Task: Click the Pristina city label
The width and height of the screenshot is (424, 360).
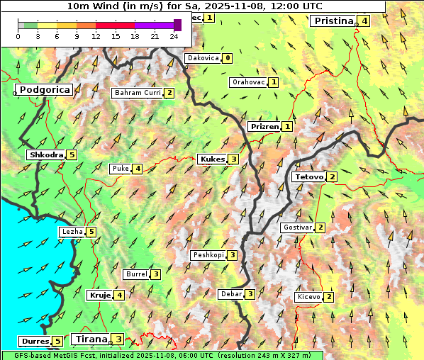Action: click(333, 21)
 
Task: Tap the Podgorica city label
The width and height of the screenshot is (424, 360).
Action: click(44, 90)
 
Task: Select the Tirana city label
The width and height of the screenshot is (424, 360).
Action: click(90, 339)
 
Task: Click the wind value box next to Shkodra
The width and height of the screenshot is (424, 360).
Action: click(72, 155)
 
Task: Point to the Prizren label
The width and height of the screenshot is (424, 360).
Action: click(264, 127)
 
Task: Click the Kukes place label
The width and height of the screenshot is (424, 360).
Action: click(212, 159)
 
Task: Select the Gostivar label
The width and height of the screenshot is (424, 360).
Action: click(296, 227)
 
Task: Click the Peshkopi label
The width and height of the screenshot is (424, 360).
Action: click(208, 255)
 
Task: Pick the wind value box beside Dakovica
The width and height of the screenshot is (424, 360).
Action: click(227, 58)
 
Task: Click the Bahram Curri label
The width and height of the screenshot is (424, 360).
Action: click(138, 93)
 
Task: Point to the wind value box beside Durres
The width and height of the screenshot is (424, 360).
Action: click(57, 342)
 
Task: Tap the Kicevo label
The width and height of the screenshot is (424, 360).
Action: click(308, 297)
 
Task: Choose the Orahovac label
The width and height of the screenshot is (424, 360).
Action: click(248, 82)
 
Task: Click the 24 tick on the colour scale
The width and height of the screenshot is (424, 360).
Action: click(174, 36)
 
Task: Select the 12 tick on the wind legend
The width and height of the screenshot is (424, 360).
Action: click(96, 36)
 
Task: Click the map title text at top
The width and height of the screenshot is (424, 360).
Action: click(193, 6)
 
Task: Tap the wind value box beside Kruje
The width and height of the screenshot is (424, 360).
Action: click(120, 296)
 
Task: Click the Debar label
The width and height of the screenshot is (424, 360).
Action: click(230, 294)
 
